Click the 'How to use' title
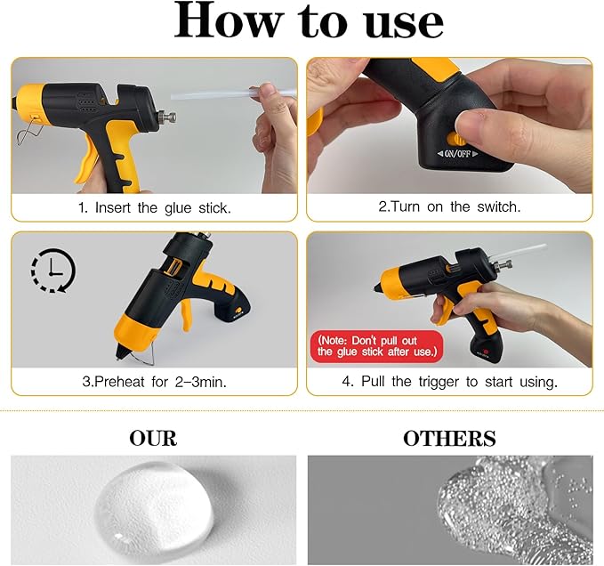(309, 23)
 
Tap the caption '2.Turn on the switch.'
(449, 206)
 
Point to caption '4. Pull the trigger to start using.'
(449, 382)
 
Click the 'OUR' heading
(153, 438)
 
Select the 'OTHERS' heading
(449, 438)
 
